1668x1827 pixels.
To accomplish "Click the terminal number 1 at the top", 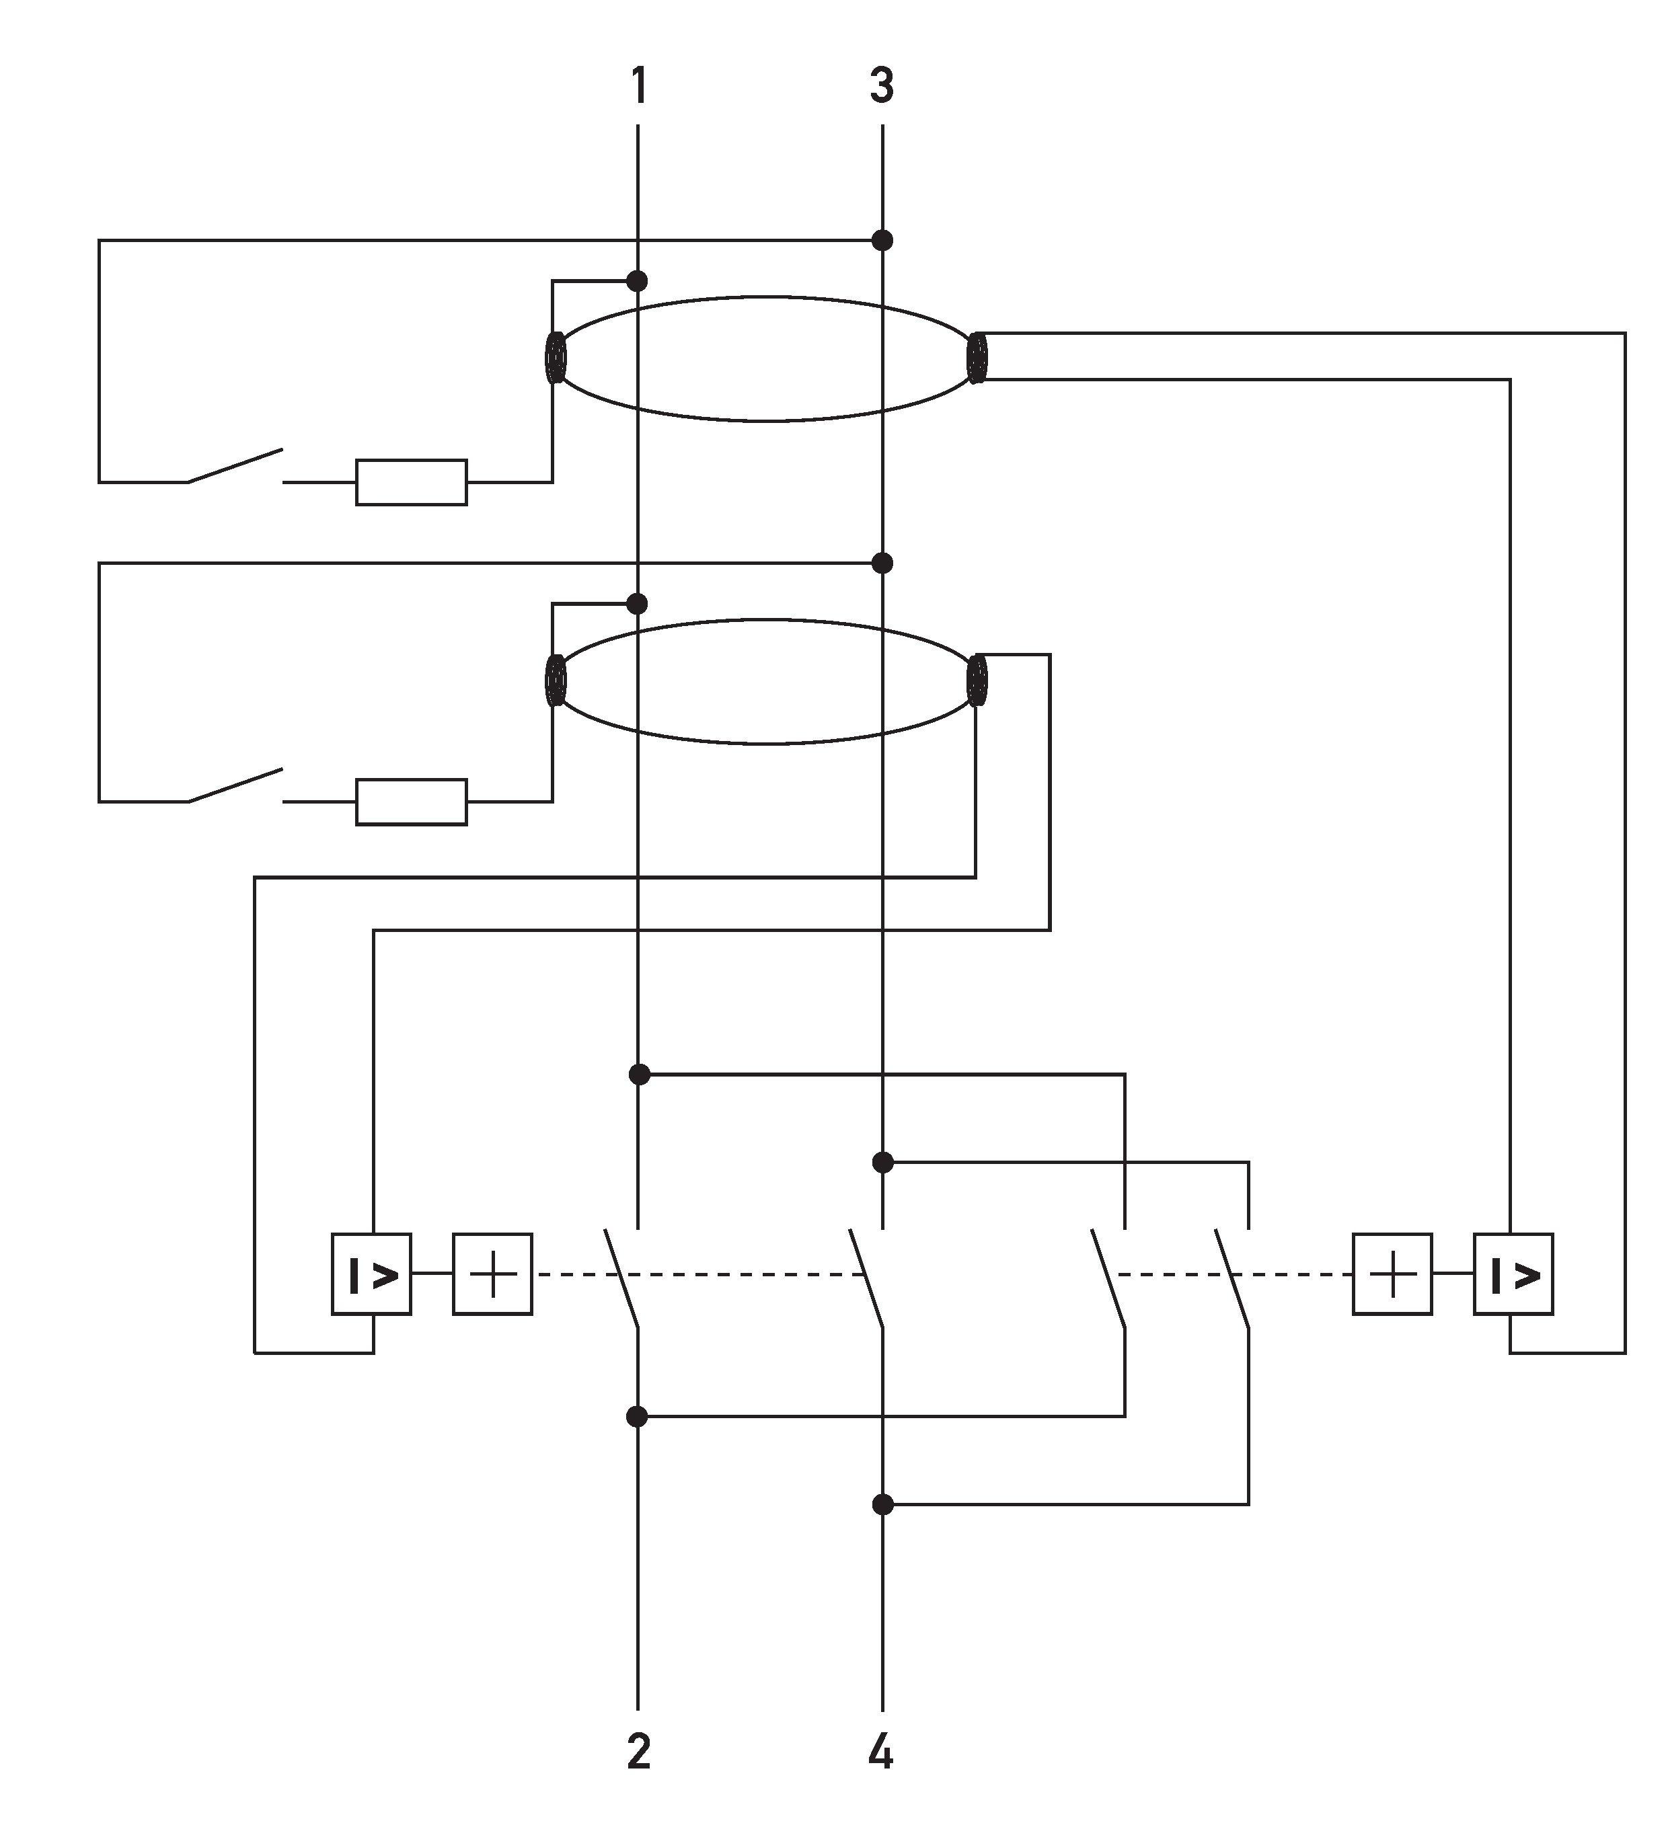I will [639, 86].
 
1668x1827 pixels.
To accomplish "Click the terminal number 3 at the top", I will [881, 86].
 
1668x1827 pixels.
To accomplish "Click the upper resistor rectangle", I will [412, 482].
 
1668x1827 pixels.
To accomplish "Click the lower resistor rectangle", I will [412, 801].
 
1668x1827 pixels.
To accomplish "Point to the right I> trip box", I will [1513, 1274].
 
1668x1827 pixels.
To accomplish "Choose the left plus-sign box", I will [492, 1274].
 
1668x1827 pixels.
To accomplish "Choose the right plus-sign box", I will [1392, 1274].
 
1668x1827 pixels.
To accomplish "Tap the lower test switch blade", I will [235, 785].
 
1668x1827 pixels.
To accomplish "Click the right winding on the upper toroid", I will [977, 358].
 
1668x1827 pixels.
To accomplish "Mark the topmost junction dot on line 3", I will [882, 240].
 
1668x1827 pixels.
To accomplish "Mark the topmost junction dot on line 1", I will [638, 281].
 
